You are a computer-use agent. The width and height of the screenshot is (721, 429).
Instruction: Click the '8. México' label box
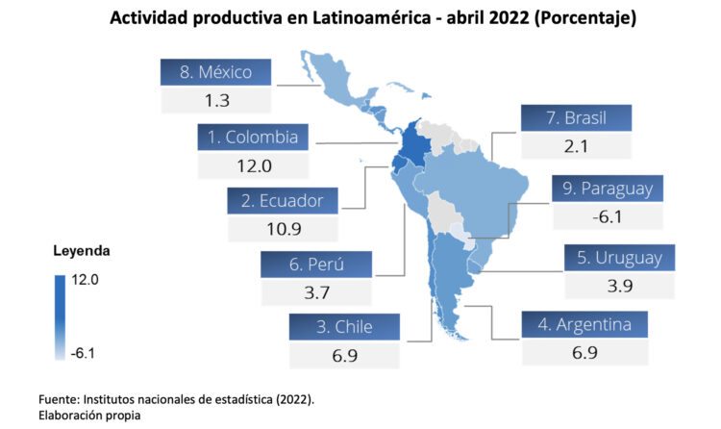216,72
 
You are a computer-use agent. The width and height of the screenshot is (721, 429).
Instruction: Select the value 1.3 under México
216,100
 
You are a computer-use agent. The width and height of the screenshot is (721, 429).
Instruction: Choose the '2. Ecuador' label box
283,201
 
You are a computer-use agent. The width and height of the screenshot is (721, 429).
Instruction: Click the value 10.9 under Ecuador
283,229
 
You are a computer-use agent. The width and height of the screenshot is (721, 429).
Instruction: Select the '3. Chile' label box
344,327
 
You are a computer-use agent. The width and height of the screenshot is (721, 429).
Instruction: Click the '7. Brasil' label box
576,118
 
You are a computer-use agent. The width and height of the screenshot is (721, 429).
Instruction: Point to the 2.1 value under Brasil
576,146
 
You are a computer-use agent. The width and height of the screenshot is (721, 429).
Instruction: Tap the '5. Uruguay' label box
620,258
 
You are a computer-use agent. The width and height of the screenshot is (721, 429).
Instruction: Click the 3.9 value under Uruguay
620,286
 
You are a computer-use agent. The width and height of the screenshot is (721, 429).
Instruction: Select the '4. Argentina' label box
584,324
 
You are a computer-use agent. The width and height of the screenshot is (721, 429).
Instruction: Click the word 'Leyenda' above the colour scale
81,251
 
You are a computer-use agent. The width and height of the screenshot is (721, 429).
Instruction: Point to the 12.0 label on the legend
84,280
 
